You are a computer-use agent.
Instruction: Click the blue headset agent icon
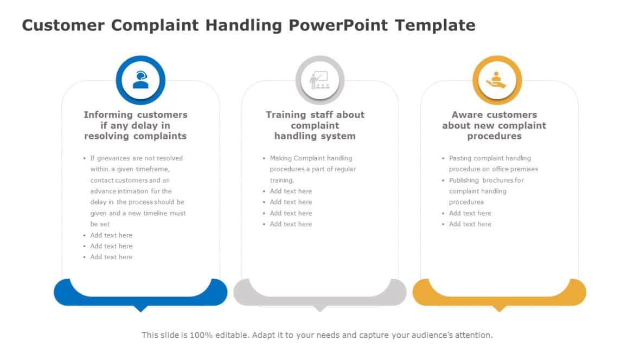140,80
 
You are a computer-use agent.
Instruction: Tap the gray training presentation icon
319,80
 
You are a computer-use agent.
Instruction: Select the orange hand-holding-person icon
497,80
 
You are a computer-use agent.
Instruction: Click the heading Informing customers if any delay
136,125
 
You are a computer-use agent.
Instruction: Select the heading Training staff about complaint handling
315,125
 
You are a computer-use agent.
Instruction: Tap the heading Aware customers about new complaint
494,125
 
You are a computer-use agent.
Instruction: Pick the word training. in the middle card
282,180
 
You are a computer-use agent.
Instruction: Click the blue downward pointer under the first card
140,308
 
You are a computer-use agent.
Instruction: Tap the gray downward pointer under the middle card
320,308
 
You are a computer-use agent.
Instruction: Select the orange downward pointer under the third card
499,308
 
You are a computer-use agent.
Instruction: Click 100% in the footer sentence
199,335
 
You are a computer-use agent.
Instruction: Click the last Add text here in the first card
111,257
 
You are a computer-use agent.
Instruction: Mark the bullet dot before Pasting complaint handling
443,158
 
